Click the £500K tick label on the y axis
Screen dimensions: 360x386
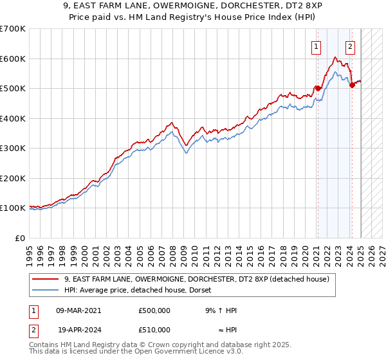click(13, 88)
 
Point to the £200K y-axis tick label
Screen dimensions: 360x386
click(13, 178)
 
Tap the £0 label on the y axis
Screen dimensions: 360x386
click(19, 238)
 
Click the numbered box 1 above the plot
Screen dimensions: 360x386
click(317, 46)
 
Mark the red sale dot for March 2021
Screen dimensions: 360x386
click(318, 88)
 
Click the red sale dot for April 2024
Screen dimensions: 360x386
click(352, 85)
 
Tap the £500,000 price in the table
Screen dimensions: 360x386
click(154, 310)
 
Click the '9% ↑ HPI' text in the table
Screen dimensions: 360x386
click(221, 310)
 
